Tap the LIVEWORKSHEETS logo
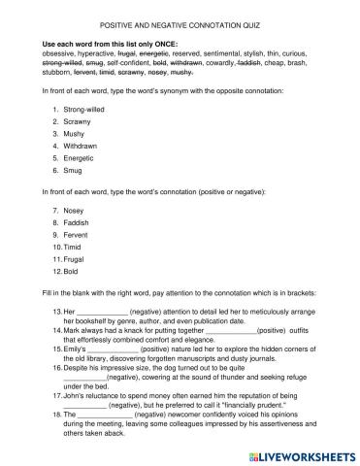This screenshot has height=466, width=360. click(x=297, y=454)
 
